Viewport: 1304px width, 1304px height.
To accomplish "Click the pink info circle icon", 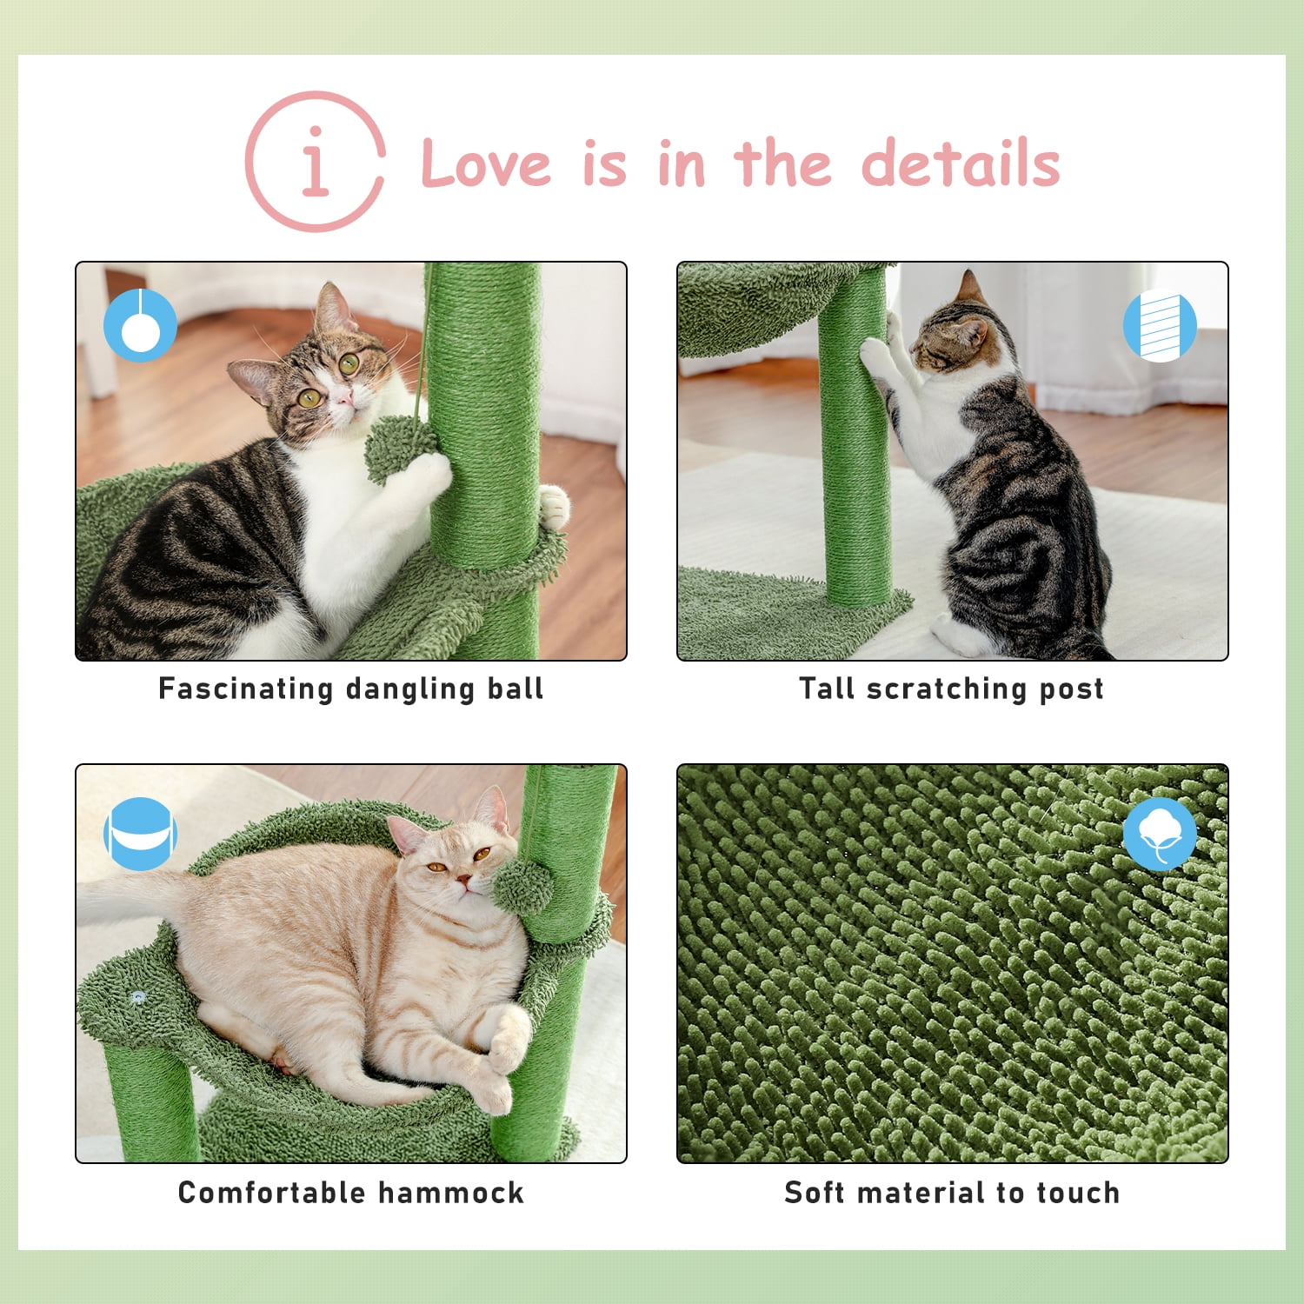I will (x=315, y=162).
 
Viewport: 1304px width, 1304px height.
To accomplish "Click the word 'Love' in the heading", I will (x=485, y=163).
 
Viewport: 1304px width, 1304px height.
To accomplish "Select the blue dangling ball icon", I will (x=140, y=325).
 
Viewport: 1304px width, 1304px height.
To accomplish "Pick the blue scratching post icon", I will (x=1160, y=325).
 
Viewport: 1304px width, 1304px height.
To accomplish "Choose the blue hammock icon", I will (x=140, y=834).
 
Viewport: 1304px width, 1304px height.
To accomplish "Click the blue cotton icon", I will (x=1160, y=834).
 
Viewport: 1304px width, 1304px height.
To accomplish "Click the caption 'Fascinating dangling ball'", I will (x=351, y=689).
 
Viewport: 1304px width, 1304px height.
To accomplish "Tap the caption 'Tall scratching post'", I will (x=952, y=689).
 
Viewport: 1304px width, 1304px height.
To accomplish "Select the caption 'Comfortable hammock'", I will (x=351, y=1193).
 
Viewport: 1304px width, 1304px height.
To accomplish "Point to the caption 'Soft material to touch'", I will (x=952, y=1193).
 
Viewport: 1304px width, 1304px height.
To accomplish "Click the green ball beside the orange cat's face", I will (x=522, y=887).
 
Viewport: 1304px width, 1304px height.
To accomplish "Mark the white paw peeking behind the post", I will (x=554, y=506).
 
